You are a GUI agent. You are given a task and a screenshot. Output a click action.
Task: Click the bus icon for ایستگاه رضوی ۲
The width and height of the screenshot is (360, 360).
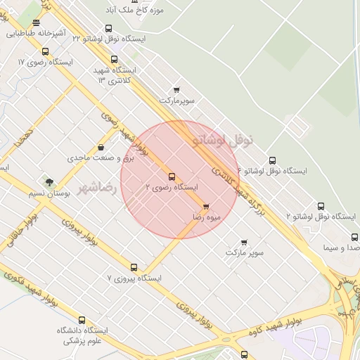point(172,176)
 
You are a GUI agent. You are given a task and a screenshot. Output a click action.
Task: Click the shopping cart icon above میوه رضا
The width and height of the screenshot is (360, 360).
point(205,207)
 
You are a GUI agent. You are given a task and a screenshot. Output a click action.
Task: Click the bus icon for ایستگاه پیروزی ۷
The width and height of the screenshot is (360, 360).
point(134,267)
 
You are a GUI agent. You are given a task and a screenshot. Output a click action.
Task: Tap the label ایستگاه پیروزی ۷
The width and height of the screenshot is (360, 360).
point(134,278)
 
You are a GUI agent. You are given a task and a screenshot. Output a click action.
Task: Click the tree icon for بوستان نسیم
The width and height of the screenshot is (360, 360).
point(49,182)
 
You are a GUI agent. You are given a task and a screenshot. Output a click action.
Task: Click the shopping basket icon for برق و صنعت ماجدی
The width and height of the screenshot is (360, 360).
point(103,148)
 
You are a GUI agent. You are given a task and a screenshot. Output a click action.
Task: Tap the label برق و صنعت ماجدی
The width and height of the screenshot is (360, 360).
point(99,158)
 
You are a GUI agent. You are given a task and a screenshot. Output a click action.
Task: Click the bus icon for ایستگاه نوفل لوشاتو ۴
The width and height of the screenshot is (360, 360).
point(273,160)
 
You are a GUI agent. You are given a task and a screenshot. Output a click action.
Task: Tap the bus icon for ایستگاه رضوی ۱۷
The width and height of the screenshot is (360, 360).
point(45,51)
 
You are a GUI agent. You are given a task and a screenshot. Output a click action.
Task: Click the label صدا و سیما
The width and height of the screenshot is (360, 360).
point(341,248)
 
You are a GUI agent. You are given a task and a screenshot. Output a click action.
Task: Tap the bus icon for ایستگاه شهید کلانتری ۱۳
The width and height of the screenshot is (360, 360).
point(115,59)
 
